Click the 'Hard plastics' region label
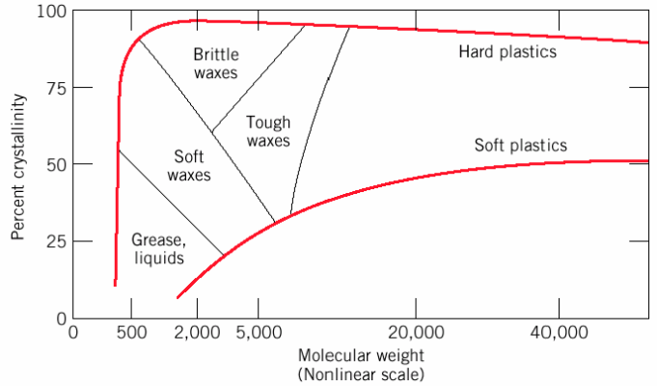507,51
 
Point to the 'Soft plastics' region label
521,146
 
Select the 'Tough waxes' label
268,131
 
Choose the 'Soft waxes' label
189,165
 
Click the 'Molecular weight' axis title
360,356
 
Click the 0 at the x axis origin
72,334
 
